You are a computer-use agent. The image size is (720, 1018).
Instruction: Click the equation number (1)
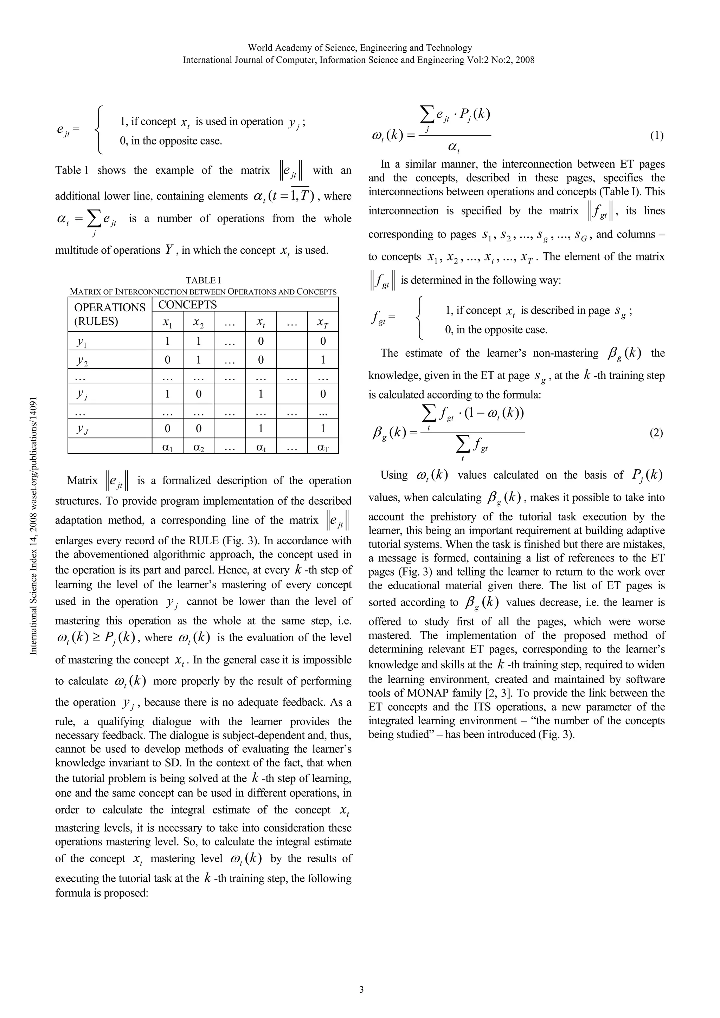657,136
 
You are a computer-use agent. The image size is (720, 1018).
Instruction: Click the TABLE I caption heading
203,280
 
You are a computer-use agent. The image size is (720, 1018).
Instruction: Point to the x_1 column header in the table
167,323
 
